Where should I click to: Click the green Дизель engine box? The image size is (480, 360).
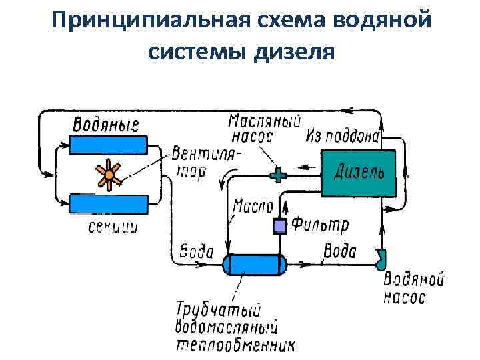point(358,173)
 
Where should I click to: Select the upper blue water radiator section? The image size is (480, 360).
point(109,145)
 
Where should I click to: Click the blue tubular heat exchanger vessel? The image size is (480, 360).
point(255,265)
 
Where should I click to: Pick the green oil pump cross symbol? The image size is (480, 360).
point(277,175)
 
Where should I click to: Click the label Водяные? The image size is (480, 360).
point(105,124)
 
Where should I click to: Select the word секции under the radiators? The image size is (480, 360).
point(113,227)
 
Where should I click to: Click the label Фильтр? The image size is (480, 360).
point(321,224)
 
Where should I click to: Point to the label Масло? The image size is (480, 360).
point(252,207)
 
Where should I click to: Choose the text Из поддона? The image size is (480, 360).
point(343,137)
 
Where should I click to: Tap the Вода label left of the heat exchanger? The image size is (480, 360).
point(196,252)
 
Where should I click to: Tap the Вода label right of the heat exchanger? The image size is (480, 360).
point(339,252)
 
